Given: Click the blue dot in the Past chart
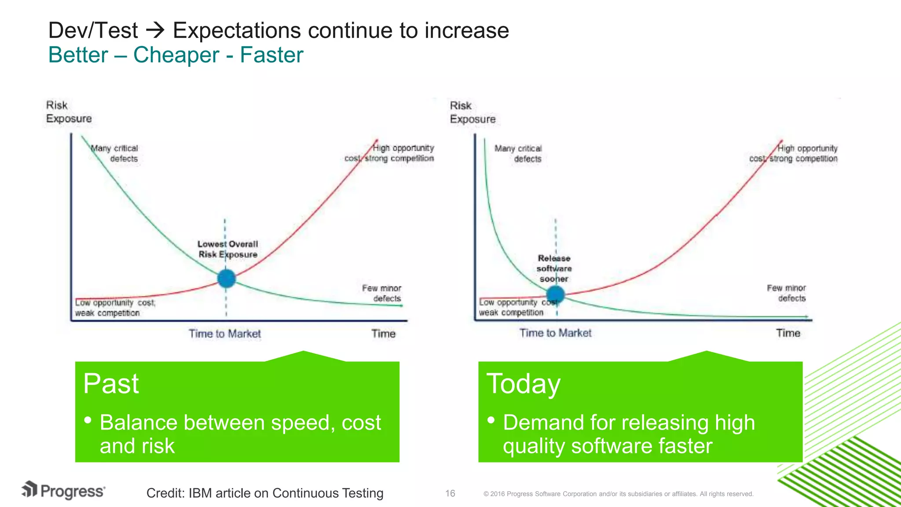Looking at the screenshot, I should [227, 279].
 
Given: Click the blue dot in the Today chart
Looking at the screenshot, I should [555, 294].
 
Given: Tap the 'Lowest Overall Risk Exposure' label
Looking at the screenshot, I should [227, 249].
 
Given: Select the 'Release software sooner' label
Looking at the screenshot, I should [554, 268].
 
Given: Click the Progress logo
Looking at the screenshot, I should [63, 490].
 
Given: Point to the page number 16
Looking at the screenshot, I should [450, 493].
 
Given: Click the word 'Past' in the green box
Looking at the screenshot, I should [111, 384].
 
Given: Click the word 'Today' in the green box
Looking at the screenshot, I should [524, 384].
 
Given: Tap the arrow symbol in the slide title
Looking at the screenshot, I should [155, 30].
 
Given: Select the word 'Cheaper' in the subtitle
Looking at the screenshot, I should [176, 55].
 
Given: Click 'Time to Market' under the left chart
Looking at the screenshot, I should [225, 334].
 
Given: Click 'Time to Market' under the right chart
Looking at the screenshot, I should [555, 333].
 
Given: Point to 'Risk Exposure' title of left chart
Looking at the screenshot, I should [69, 112].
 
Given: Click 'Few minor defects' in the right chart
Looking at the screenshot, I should [786, 293].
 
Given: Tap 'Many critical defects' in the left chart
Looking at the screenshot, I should [115, 153].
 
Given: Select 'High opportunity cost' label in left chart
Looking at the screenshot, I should [389, 153].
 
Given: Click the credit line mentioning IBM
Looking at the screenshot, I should [264, 493].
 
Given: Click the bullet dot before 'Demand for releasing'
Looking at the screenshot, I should [491, 420].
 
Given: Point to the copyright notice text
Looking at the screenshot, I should [618, 494].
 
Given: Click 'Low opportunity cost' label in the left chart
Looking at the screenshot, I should [115, 308].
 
